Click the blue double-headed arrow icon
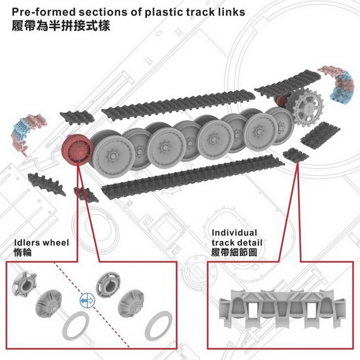coord(87,301)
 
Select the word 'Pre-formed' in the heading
coord(44,12)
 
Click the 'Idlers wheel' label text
coord(42,243)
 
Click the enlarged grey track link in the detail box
coord(282,309)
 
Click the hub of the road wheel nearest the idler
coord(113,156)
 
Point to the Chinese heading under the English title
coord(61,26)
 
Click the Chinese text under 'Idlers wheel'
coord(23,253)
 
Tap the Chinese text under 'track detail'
coord(234,252)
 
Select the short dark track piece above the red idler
coord(77,118)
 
